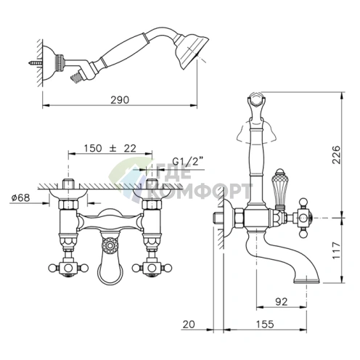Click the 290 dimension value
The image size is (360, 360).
click(120, 99)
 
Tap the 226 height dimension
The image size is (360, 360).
click(336, 155)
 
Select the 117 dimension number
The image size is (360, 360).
click(336, 250)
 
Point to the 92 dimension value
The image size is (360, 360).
click(282, 302)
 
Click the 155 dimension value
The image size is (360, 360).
click(265, 324)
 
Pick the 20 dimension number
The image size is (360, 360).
click(189, 324)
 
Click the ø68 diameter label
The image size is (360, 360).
click(21, 197)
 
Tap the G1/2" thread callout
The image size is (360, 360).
click(187, 161)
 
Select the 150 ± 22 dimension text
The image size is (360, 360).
click(110, 148)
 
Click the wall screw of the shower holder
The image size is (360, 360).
click(36, 63)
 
